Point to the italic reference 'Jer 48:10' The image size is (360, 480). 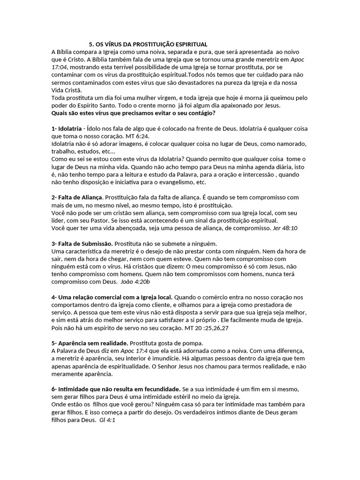(x=285, y=228)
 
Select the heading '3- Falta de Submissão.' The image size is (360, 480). (x=82, y=243)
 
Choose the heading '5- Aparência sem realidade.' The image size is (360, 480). (x=90, y=343)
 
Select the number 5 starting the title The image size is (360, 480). (x=91, y=44)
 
